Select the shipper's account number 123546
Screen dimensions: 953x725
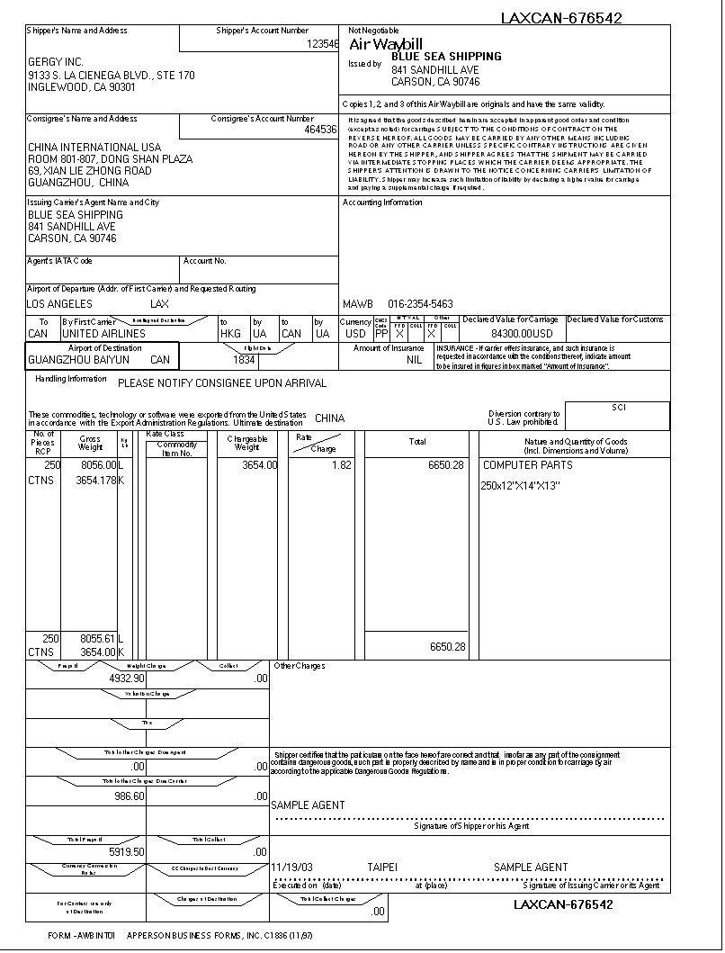tap(322, 43)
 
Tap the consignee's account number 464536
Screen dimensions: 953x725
tap(320, 130)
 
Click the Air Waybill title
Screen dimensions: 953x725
tap(385, 44)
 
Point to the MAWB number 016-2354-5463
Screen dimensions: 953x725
tap(420, 304)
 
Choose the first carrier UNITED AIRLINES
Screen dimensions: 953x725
tap(103, 333)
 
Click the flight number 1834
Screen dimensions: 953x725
tap(244, 360)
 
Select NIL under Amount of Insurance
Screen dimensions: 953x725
tap(414, 360)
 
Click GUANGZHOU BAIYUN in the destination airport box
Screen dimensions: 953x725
tap(79, 360)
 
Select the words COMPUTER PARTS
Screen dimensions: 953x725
tap(523, 465)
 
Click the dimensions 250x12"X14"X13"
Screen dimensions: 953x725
tap(521, 486)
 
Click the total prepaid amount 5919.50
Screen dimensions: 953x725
tap(127, 851)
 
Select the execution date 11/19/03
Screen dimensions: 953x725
tap(292, 868)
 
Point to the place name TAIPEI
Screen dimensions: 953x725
tap(382, 868)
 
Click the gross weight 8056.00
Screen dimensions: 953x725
tap(99, 465)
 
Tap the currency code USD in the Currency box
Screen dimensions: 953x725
tap(355, 333)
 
